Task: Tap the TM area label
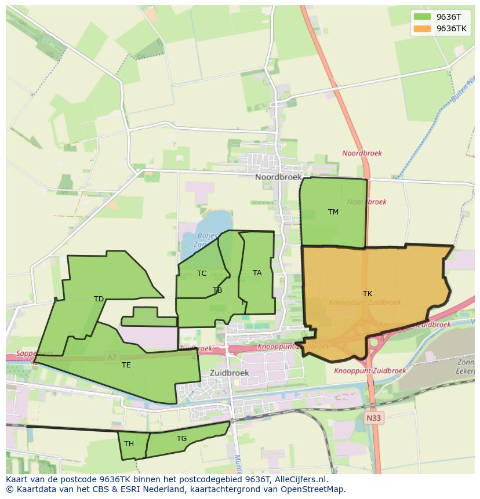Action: [333, 212]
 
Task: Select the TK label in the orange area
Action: [368, 294]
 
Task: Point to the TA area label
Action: [257, 273]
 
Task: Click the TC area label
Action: [202, 274]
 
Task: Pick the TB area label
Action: [217, 290]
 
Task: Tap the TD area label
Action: [99, 299]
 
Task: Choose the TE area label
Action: [126, 365]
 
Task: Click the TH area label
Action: [129, 444]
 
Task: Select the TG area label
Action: [182, 439]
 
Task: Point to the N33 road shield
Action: [374, 417]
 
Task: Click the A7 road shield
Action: [111, 358]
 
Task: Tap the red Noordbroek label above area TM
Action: [362, 154]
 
